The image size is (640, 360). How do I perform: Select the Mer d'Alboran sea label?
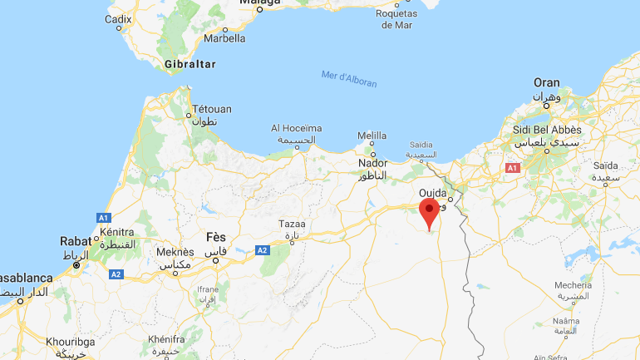click(x=349, y=79)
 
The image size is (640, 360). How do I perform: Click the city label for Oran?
click(x=546, y=82)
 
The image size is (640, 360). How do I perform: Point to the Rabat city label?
click(x=76, y=241)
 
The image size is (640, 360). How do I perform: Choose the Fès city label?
click(x=216, y=237)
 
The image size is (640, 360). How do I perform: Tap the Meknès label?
click(x=175, y=252)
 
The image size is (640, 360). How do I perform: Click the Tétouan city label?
click(x=212, y=109)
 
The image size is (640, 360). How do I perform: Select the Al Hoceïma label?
click(x=296, y=128)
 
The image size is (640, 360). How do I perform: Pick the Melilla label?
click(x=372, y=136)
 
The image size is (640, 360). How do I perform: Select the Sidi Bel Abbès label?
click(x=548, y=131)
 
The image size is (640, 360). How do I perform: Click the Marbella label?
click(x=224, y=37)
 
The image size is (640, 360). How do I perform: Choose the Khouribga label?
click(x=69, y=341)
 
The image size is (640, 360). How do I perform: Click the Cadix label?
click(x=118, y=18)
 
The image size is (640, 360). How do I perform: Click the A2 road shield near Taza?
click(x=262, y=249)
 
